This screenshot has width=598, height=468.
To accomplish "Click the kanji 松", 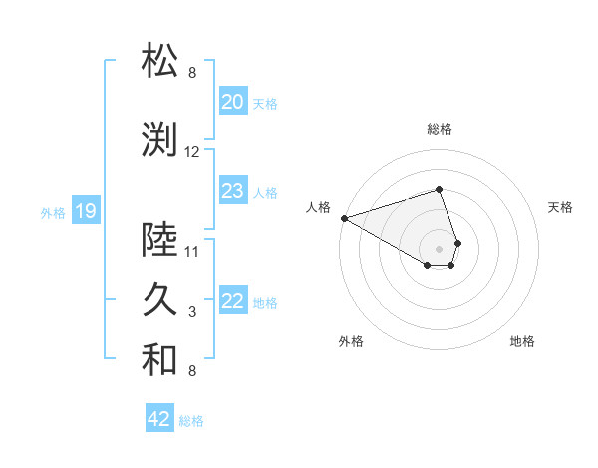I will (x=160, y=61).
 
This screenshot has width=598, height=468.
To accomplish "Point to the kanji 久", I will (x=160, y=300).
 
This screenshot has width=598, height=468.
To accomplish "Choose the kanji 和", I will (x=160, y=360).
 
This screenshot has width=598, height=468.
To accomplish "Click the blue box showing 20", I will (x=232, y=102).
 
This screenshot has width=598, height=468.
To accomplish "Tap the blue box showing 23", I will (x=232, y=191).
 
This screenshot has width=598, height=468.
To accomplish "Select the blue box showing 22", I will (x=232, y=301).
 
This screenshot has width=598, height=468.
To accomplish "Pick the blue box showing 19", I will (x=85, y=210).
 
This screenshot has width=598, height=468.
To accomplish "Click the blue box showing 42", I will (x=159, y=419).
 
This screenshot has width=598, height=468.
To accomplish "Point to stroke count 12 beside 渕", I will (x=192, y=152).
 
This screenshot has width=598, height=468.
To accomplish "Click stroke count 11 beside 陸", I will (x=192, y=251).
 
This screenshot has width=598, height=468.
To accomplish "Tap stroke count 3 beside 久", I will (x=192, y=312).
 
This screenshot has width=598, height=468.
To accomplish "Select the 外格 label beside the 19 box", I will (x=53, y=212).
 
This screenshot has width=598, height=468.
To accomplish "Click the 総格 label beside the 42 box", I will (x=191, y=421).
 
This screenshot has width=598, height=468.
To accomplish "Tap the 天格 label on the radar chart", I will (x=561, y=207).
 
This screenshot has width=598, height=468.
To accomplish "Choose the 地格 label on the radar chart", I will (x=522, y=341).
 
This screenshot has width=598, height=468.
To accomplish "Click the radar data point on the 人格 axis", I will (x=344, y=217).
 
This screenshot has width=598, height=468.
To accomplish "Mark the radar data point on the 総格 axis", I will (x=439, y=189).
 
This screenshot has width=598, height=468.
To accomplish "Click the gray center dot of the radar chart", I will (x=439, y=247).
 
